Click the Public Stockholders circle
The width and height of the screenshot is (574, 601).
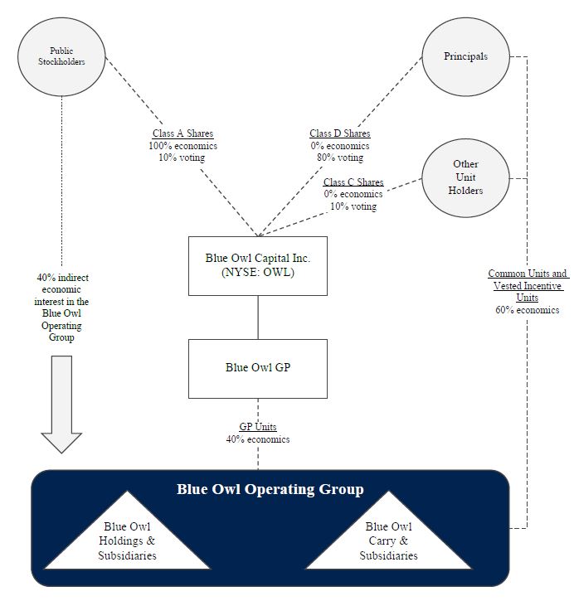(61, 56)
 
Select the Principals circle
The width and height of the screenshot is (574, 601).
(465, 57)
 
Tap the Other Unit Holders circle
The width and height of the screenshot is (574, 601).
(465, 177)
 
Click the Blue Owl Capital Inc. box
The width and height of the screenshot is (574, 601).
(257, 265)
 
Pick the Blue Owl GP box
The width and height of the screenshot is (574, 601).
(257, 367)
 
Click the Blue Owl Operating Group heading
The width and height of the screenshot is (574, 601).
(270, 489)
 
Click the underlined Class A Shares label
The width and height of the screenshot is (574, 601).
(182, 133)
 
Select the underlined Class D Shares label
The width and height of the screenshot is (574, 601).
(340, 133)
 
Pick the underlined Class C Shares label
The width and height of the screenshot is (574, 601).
(353, 182)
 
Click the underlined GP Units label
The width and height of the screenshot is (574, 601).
(258, 427)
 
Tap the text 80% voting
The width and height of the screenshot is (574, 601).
(340, 158)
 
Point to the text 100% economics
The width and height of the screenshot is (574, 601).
(182, 146)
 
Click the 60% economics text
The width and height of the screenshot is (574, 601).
(528, 310)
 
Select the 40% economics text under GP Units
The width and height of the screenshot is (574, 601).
(258, 439)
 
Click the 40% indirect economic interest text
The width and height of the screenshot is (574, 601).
(61, 308)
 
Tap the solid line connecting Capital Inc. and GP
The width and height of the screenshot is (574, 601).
(258, 317)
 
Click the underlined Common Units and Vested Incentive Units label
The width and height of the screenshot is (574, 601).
(528, 285)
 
